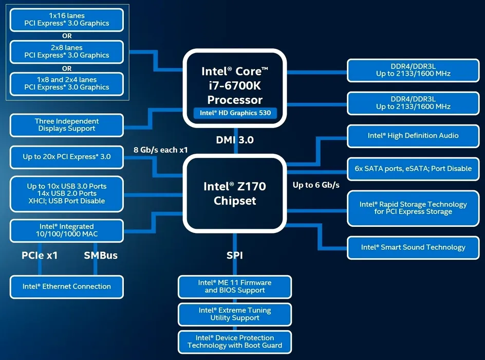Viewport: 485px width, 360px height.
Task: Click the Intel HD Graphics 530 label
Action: tap(235, 113)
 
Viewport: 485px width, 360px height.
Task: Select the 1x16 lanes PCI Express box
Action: tap(67, 20)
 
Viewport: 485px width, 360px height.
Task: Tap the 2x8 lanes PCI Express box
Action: tap(67, 52)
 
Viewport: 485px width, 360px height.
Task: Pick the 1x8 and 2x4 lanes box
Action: tap(67, 84)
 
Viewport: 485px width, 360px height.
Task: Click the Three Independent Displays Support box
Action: tap(67, 125)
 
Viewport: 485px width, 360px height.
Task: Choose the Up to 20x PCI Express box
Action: tap(67, 157)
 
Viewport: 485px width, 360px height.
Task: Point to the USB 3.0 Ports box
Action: tap(67, 194)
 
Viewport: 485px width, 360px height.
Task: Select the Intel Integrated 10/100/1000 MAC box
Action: tap(67, 230)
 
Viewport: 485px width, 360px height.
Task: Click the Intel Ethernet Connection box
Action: tap(67, 286)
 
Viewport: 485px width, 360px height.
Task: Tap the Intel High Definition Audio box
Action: tap(413, 136)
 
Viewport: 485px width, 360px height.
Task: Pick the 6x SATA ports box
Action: tap(413, 169)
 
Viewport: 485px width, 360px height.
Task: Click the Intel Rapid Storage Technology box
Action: tap(413, 208)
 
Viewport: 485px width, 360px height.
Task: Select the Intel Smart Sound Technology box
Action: tap(413, 248)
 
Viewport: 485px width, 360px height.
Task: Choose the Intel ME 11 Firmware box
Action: tap(235, 286)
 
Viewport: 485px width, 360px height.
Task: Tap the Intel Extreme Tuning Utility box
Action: tap(235, 314)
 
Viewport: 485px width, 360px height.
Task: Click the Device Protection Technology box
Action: tap(235, 341)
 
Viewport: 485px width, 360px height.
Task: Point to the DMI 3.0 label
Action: tap(235, 140)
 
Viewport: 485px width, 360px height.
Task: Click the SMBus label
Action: tap(101, 256)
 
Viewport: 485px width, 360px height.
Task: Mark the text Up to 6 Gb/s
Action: tap(316, 185)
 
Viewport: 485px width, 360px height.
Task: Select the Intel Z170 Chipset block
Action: tap(235, 193)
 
